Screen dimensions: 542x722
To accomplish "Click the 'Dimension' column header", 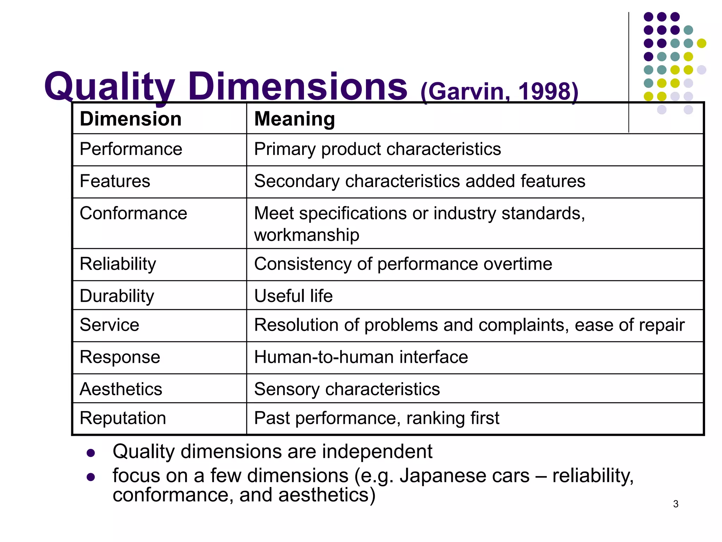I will [130, 119].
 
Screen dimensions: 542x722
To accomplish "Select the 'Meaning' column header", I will [294, 119].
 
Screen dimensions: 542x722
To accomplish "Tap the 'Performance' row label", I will [131, 149].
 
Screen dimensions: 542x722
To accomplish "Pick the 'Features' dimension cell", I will [115, 181].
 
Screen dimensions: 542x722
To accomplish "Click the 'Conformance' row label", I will [133, 213].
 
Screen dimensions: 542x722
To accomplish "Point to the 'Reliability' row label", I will [118, 264].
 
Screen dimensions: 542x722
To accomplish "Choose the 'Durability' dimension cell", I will [117, 296].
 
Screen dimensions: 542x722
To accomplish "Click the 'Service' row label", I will [109, 325].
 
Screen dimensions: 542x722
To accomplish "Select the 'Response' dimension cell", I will [120, 357].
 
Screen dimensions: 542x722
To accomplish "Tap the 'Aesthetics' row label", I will [121, 389].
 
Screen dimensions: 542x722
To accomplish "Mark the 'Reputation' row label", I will [123, 418].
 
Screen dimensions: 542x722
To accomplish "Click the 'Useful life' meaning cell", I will [293, 296].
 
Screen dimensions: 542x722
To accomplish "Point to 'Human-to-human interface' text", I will [361, 357].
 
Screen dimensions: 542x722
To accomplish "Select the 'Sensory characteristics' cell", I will [347, 389].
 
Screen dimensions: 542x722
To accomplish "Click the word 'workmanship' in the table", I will [307, 235].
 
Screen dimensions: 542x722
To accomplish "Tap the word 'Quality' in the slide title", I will [109, 86].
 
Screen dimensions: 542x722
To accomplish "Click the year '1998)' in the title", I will [548, 91].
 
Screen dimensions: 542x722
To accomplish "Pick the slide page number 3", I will [675, 504].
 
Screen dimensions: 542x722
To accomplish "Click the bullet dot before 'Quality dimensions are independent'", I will [91, 453].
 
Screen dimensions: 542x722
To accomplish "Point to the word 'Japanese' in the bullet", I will [464, 476].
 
